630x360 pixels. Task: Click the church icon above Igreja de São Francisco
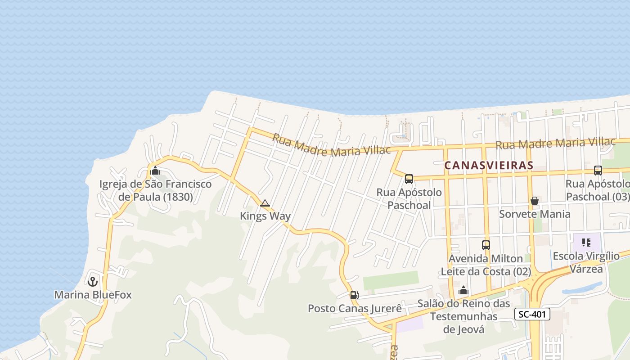coord(155,171)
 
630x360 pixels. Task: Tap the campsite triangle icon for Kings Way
coord(265,203)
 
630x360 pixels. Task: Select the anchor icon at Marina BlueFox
coord(93,282)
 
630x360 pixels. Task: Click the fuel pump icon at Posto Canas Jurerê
coord(354,295)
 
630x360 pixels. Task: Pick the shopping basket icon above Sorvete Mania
coord(535,201)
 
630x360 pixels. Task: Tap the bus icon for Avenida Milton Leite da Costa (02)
coord(486,245)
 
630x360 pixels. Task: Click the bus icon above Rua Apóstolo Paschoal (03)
coord(598,171)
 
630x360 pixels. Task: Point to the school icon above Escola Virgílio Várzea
coord(586,243)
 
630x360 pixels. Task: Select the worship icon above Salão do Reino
coord(463,291)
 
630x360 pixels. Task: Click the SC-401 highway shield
coord(532,314)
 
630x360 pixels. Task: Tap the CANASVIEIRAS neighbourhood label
coord(489,165)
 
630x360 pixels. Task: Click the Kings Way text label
coord(265,216)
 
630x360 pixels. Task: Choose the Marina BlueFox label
coord(93,295)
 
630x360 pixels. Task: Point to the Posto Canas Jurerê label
coord(355,308)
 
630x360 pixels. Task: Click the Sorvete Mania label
coord(535,214)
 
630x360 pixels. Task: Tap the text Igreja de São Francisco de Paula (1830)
coord(155,190)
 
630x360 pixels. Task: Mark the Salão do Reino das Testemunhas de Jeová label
coord(463,316)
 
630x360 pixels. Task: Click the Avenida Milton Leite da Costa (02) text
coord(486,265)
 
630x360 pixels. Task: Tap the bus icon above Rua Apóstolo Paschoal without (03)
coord(409,179)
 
